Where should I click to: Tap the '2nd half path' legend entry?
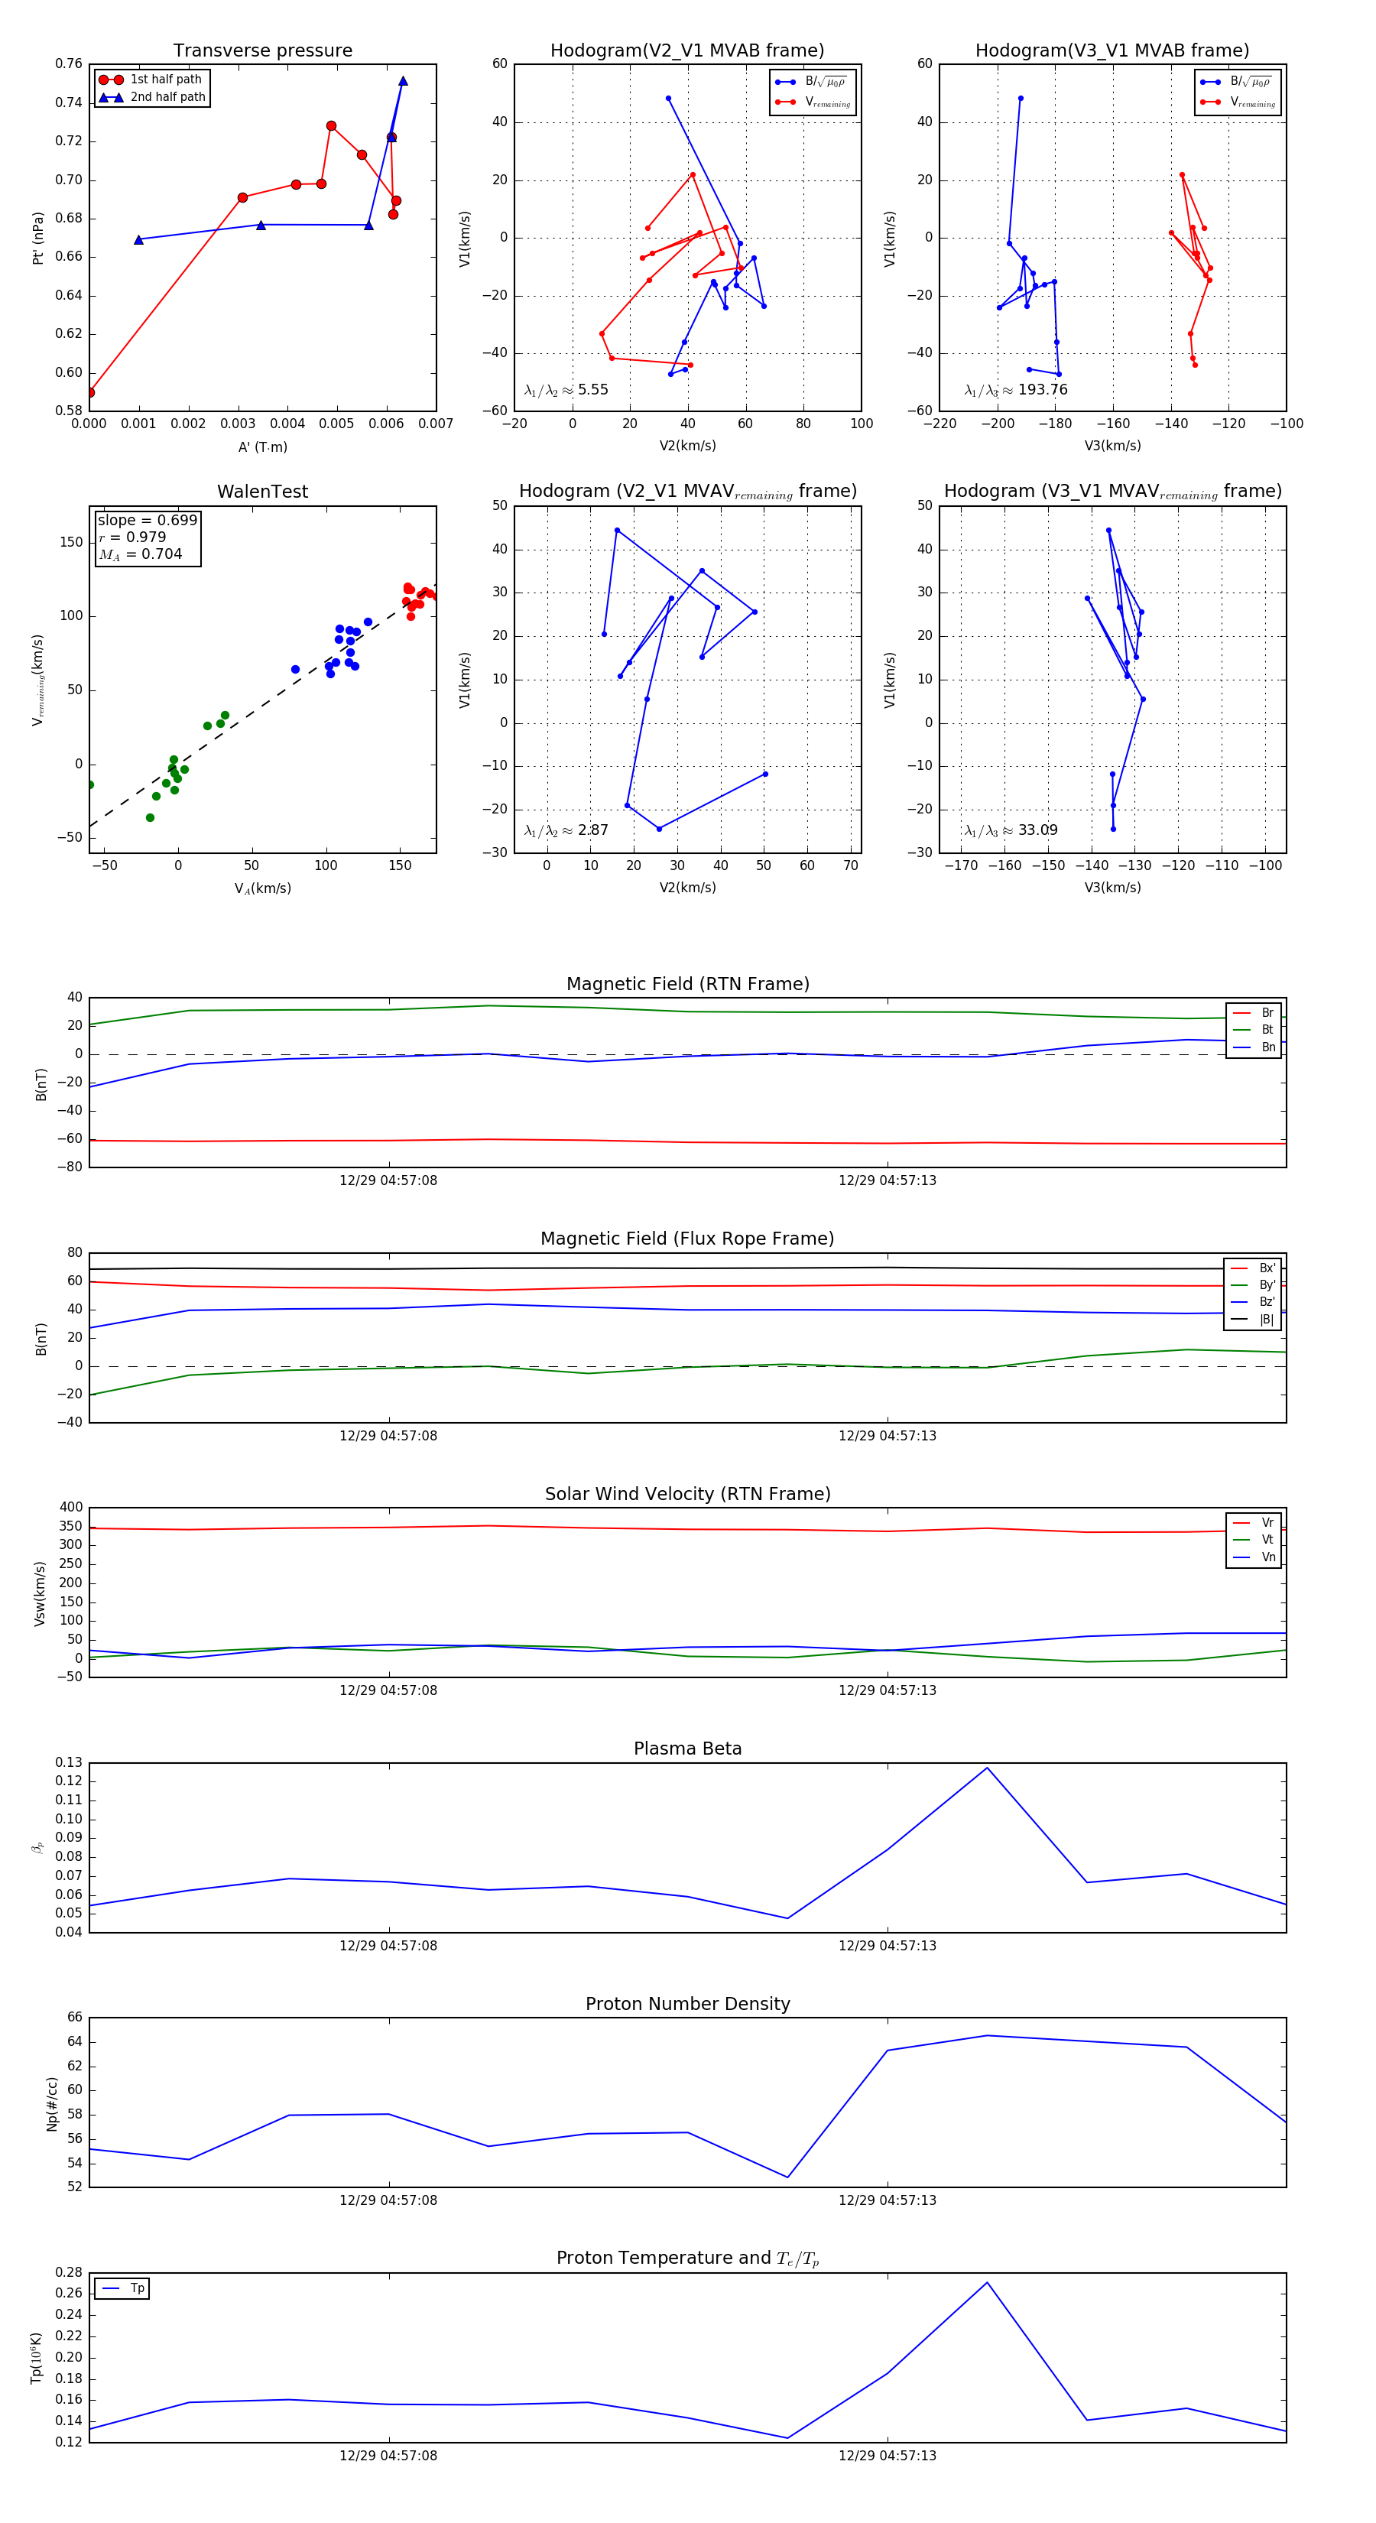click(167, 97)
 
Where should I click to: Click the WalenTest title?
click(262, 492)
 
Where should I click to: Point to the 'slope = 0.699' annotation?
click(147, 520)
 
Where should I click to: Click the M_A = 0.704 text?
click(140, 554)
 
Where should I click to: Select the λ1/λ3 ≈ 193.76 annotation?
click(1016, 390)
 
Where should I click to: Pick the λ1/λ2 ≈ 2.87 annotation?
click(566, 830)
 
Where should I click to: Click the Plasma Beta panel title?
click(687, 1749)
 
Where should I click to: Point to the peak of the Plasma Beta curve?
click(986, 1768)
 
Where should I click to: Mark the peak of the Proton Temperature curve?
click(986, 2283)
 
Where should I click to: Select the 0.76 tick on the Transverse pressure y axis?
click(69, 63)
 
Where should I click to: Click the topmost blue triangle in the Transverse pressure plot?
click(403, 81)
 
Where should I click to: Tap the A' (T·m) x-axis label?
click(262, 446)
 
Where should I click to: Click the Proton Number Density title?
click(687, 2004)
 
